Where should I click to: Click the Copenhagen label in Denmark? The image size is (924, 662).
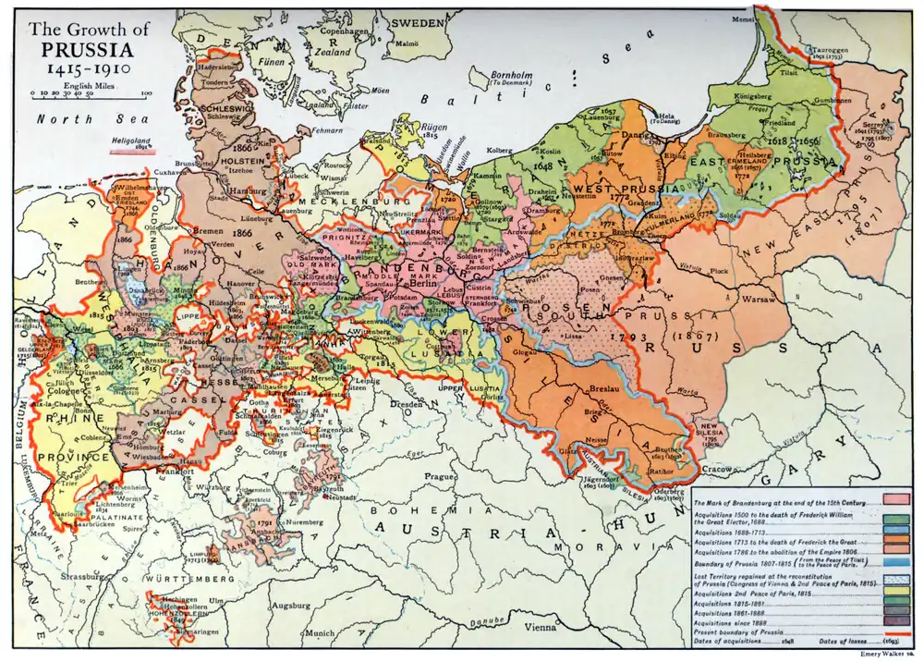345,30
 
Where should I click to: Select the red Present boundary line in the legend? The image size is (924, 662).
896,633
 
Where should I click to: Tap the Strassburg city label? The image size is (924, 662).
106,552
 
